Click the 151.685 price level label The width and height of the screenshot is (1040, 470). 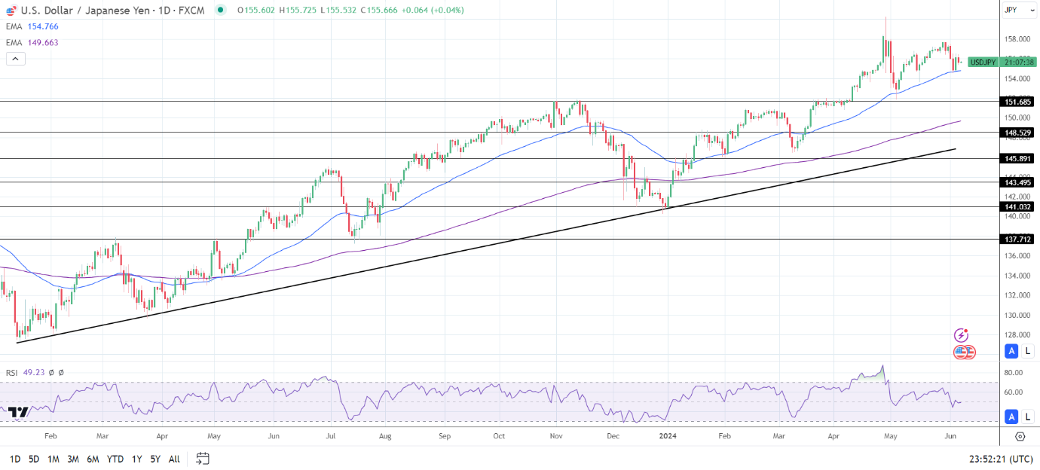tap(1017, 102)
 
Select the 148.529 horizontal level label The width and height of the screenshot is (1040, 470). tap(1017, 133)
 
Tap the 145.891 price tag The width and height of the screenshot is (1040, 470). tap(1017, 159)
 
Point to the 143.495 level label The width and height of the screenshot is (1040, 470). tap(1017, 182)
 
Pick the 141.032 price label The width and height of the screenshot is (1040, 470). tap(1017, 207)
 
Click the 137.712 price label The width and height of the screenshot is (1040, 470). tap(1017, 240)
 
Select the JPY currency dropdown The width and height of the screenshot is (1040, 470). tap(1014, 10)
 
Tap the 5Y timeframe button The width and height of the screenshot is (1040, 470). tap(154, 459)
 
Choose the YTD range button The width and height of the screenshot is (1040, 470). tap(115, 459)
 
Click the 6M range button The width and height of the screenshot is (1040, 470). tap(93, 459)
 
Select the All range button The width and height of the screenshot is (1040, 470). tap(174, 459)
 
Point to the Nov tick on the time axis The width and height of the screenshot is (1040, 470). tap(556, 435)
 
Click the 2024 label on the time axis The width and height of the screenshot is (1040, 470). tap(668, 435)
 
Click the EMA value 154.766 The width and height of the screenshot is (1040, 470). tap(43, 26)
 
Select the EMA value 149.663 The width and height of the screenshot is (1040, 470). tap(43, 43)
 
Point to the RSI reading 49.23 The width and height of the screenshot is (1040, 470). tap(34, 372)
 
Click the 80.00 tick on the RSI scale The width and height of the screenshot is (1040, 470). tap(1014, 373)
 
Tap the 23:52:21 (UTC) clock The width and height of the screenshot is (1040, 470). tap(1001, 459)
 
